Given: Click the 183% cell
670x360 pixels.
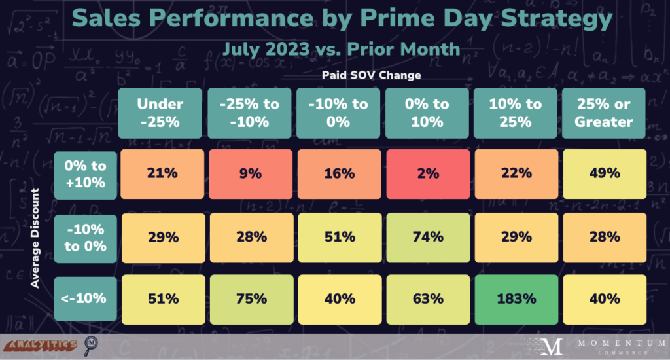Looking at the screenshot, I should coord(515,298).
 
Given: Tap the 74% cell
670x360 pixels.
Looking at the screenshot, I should coord(425,236).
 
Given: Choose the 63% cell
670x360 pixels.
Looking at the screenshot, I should coord(425,298).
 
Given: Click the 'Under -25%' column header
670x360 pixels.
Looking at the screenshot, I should coord(160,113).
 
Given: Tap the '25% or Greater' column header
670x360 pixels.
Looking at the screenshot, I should coord(603,113).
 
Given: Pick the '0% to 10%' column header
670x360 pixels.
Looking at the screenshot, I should coord(425,113).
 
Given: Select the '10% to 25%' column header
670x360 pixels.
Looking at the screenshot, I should coord(515,113).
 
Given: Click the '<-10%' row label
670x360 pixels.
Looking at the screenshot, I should coord(80,298).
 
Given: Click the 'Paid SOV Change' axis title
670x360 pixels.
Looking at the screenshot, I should coord(371,75).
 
